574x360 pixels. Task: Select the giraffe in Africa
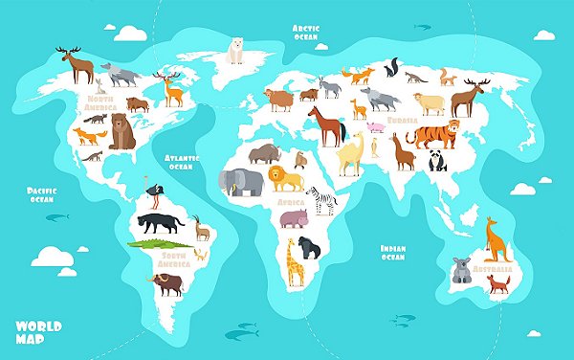(x=293, y=261)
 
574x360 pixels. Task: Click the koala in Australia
(x=461, y=271)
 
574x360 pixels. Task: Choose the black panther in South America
(x=161, y=224)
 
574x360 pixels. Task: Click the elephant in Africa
(x=239, y=182)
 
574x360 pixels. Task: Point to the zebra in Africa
(x=321, y=200)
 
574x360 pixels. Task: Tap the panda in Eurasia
(x=436, y=160)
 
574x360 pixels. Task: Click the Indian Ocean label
(x=393, y=252)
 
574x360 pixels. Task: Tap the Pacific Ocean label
(x=40, y=195)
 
